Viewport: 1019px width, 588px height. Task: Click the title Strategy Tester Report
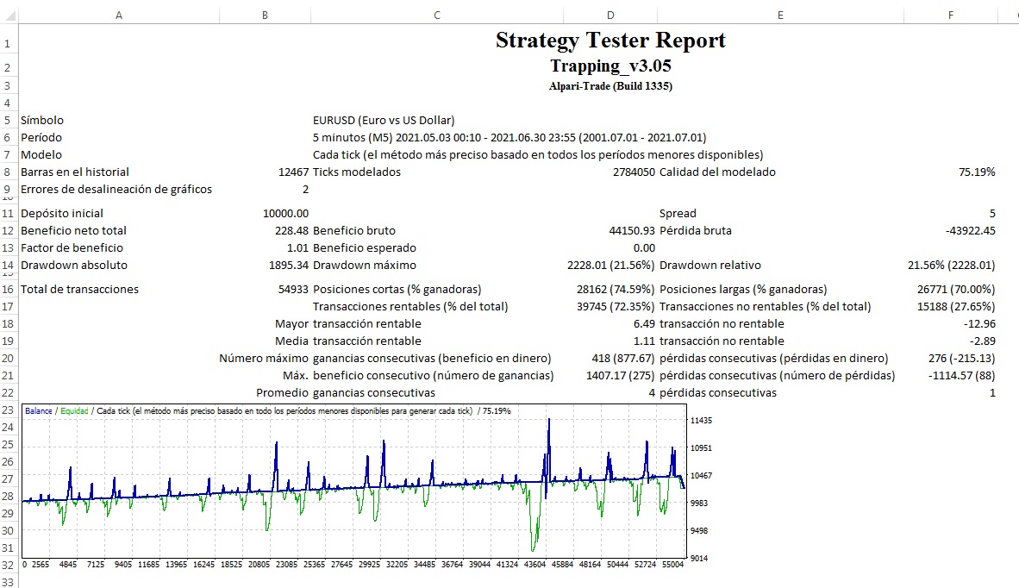(610, 41)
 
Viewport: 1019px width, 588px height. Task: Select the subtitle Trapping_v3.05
(610, 66)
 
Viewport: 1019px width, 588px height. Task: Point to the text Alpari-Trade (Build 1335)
(610, 85)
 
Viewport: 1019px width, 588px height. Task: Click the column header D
(610, 15)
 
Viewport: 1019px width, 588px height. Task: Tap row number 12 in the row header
(8, 231)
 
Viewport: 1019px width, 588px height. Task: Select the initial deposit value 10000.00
(285, 213)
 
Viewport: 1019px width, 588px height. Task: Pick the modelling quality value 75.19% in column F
(977, 172)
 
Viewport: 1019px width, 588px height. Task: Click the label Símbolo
(42, 120)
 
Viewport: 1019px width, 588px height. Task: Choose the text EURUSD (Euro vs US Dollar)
(384, 120)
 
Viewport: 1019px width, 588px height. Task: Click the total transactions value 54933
(289, 289)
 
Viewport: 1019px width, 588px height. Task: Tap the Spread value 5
(991, 213)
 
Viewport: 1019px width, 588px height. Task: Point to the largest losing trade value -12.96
(979, 323)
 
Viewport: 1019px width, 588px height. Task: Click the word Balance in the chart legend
(38, 411)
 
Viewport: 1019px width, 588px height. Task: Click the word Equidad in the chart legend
(74, 411)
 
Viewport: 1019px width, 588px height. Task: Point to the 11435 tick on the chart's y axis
(701, 420)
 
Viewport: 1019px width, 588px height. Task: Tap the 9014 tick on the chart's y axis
(698, 558)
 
